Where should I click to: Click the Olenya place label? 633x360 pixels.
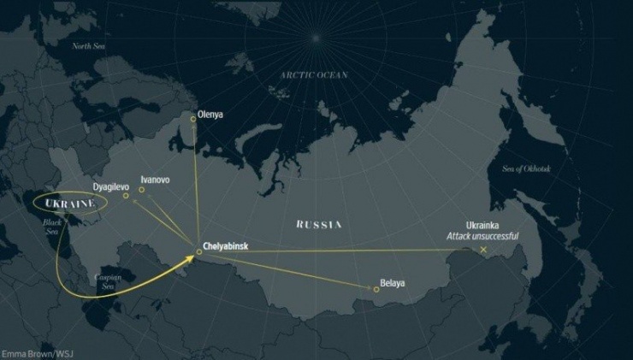coord(211,111)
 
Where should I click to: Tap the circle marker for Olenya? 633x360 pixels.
coord(193,119)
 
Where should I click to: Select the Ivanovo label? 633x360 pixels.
coord(155,180)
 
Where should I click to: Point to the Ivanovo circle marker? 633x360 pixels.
coord(142,190)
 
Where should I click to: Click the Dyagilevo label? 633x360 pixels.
coord(111,186)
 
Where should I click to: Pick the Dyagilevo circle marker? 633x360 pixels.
coord(126,196)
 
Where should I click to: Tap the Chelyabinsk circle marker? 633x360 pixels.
coord(198,251)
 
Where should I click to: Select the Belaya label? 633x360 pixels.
coord(391,282)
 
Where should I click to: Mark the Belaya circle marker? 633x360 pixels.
coord(376,289)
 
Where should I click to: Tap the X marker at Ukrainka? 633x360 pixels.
coord(483,250)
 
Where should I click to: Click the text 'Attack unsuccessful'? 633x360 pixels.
coord(482,235)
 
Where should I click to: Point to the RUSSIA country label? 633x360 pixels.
coord(318,224)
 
